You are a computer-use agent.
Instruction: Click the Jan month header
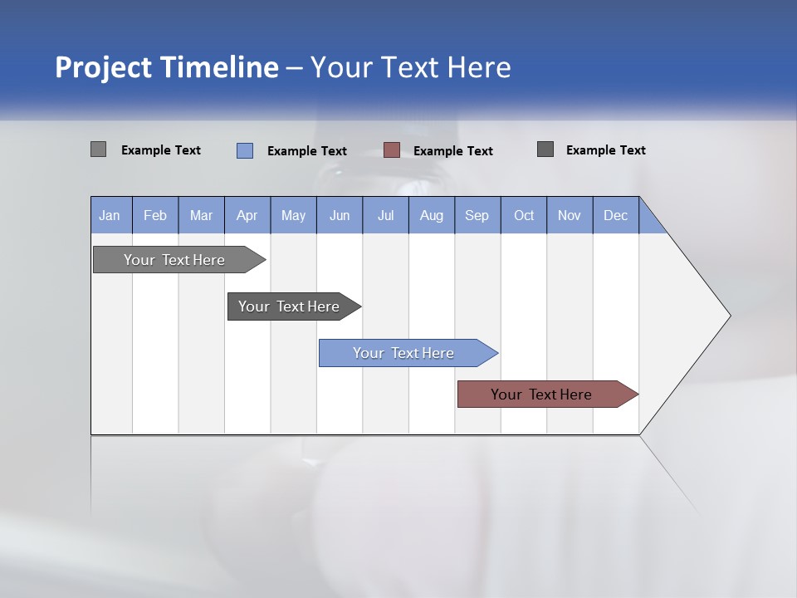pyautogui.click(x=110, y=216)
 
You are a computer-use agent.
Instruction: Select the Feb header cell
pyautogui.click(x=155, y=216)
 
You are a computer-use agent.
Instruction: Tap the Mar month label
pyautogui.click(x=201, y=216)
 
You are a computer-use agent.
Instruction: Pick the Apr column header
pyautogui.click(x=247, y=216)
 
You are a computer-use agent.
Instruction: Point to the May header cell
pyautogui.click(x=293, y=216)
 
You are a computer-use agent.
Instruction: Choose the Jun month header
pyautogui.click(x=340, y=216)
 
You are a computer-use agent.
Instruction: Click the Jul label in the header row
pyautogui.click(x=385, y=216)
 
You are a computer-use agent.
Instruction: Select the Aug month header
pyautogui.click(x=432, y=216)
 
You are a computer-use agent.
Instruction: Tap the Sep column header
pyautogui.click(x=477, y=216)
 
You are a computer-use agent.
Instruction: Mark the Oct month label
pyautogui.click(x=524, y=216)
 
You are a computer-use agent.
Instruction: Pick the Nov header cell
pyautogui.click(x=570, y=216)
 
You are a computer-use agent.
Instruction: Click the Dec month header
pyautogui.click(x=615, y=216)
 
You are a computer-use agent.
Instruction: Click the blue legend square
pyautogui.click(x=245, y=150)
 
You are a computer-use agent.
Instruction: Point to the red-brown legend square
pyautogui.click(x=392, y=150)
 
